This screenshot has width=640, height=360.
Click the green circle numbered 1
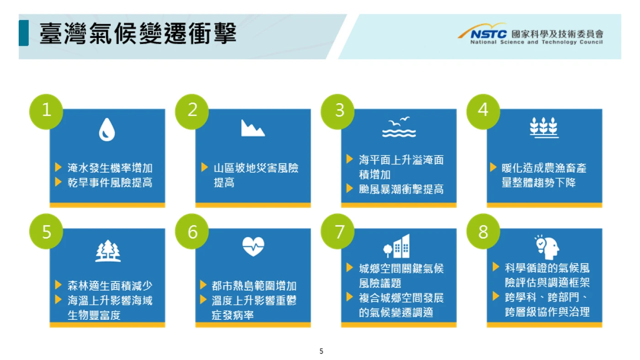pos(46,111)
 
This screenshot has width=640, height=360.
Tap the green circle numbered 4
pos(484,111)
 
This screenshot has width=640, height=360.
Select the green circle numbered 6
pos(192,231)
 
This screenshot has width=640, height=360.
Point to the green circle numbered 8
pos(484,231)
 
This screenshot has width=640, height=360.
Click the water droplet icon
pos(107,130)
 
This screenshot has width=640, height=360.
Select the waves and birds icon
pos(399,127)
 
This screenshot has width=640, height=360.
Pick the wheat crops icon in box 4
pos(544,127)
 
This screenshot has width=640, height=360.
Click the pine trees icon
pos(108,251)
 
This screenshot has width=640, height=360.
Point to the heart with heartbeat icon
pos(253,246)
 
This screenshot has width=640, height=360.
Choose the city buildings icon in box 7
pos(397,246)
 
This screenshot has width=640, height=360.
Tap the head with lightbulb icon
pos(547,247)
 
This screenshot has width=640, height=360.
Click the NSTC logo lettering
pos(488,34)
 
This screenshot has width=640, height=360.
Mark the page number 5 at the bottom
pos(321,351)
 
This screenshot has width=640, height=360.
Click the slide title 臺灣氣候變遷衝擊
pos(138,34)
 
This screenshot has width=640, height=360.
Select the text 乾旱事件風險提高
pos(110,182)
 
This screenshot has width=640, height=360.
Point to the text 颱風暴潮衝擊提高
pos(401,189)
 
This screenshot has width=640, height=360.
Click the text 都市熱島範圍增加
pos(254,286)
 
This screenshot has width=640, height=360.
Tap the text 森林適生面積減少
pos(110,286)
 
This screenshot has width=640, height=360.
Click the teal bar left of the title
pos(24,33)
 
